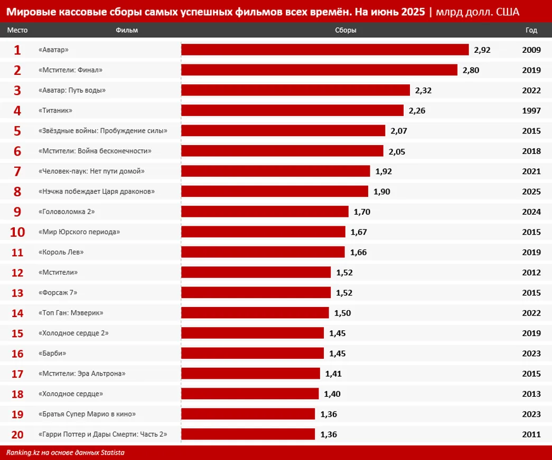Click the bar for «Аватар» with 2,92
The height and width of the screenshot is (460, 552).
pyautogui.click(x=325, y=50)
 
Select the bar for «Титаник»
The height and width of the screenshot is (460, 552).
pyautogui.click(x=292, y=110)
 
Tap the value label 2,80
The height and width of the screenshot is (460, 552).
pyautogui.click(x=471, y=70)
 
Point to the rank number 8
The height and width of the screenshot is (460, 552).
pyautogui.click(x=17, y=191)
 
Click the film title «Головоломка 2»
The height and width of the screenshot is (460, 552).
pyautogui.click(x=67, y=212)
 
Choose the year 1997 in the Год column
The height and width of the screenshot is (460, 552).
pyautogui.click(x=531, y=111)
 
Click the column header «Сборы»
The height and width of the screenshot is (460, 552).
pyautogui.click(x=345, y=30)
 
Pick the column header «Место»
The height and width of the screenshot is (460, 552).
pyautogui.click(x=17, y=30)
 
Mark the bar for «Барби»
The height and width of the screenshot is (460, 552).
pyautogui.click(x=252, y=353)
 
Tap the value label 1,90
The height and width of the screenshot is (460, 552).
pyautogui.click(x=381, y=191)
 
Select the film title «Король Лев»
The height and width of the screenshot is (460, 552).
pyautogui.click(x=61, y=252)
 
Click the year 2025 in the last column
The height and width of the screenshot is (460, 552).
pyautogui.click(x=531, y=191)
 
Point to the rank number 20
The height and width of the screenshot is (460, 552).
pyautogui.click(x=17, y=434)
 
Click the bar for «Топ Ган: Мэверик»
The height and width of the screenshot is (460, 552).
pyautogui.click(x=255, y=313)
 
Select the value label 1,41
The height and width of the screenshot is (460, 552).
pyautogui.click(x=333, y=373)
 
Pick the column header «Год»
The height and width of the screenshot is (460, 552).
pyautogui.click(x=531, y=30)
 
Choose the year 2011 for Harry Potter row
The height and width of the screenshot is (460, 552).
pyautogui.click(x=531, y=434)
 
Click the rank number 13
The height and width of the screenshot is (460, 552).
pyautogui.click(x=17, y=293)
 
